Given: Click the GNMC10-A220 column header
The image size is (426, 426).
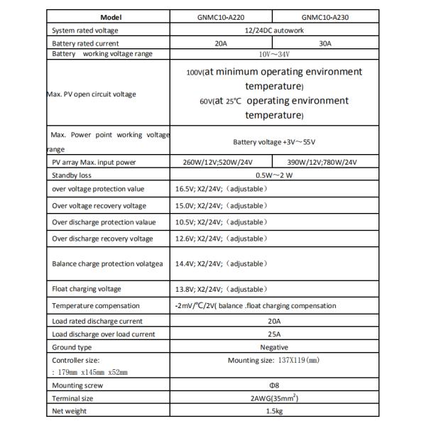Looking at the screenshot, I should [222, 18].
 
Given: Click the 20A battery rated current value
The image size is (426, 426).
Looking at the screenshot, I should [222, 43].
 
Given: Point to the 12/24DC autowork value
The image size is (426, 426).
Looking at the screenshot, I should [273, 31].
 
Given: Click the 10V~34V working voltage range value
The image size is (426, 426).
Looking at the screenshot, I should [273, 54].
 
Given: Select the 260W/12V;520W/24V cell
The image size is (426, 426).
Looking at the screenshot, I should [222, 163].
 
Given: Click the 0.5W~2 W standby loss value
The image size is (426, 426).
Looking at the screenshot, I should [273, 175].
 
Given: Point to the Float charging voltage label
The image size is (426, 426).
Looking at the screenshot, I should [87, 289].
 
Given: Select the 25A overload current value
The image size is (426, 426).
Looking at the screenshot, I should [273, 334].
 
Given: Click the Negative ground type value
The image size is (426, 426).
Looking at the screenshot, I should [273, 347].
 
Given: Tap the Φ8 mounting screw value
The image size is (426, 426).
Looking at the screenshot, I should [273, 385].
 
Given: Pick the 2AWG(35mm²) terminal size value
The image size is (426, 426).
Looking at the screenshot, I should [273, 398].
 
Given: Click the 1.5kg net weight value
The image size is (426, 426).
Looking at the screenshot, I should [273, 411].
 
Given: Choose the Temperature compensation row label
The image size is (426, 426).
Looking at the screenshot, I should [96, 306].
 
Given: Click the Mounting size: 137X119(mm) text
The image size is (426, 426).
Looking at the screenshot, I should [273, 360].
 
